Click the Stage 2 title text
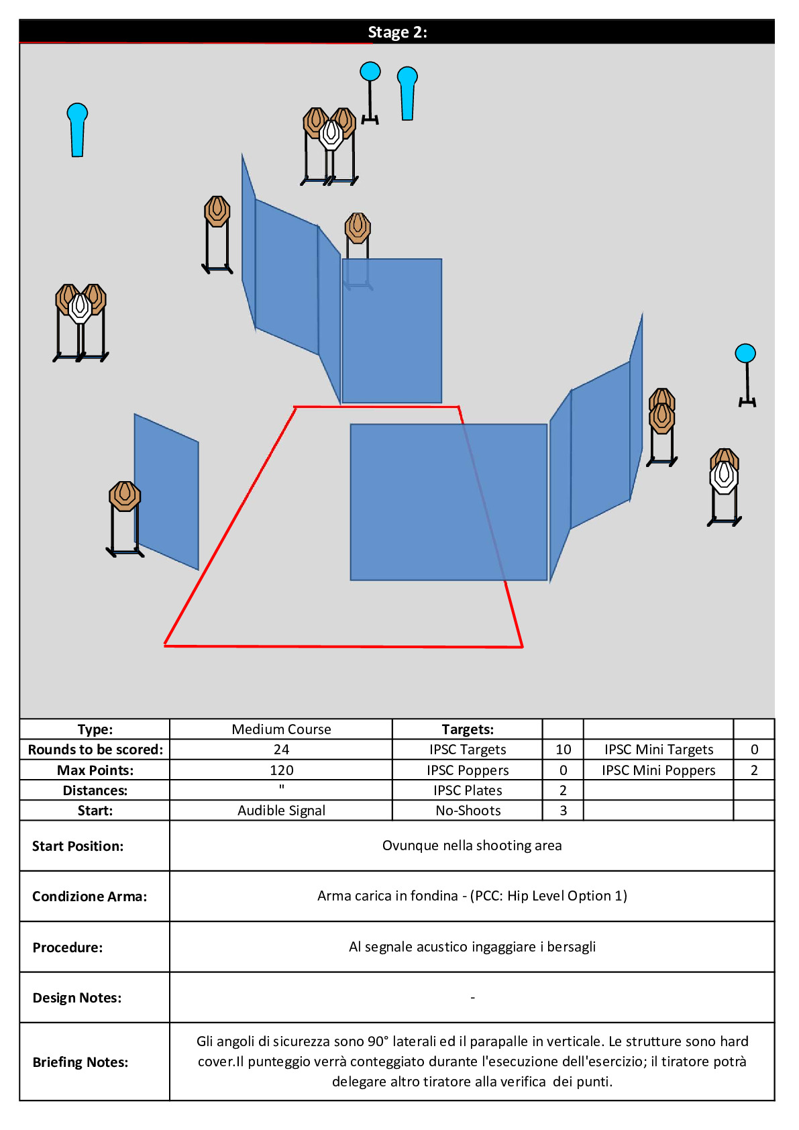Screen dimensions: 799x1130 [397, 32]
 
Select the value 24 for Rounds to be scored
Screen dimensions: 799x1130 [281, 749]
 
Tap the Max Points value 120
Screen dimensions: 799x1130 [281, 770]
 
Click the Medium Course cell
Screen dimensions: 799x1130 [281, 729]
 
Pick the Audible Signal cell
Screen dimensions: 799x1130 [281, 810]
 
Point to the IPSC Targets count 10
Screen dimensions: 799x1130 [563, 749]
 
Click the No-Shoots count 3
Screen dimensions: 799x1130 [563, 810]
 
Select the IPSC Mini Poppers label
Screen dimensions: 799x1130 [658, 770]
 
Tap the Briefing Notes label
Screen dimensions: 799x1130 [81, 1062]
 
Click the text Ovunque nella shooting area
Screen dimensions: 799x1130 [472, 845]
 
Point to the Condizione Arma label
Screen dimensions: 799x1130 [90, 896]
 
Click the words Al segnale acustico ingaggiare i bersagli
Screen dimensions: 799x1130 [472, 946]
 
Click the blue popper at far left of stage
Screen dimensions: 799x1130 [77, 130]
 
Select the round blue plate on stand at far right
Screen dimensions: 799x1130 [745, 375]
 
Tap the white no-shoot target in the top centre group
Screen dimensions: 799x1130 [331, 135]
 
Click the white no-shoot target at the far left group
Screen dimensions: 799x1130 [80, 308]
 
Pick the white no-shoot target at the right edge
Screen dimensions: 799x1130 [724, 476]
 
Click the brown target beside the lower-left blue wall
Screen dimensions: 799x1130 [125, 497]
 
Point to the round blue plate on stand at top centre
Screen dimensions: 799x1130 [370, 93]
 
